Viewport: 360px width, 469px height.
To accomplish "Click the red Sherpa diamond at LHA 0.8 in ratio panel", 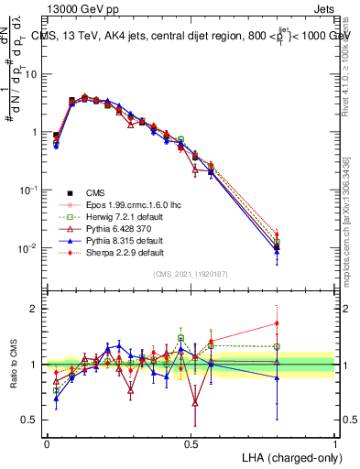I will pos(277,322).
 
